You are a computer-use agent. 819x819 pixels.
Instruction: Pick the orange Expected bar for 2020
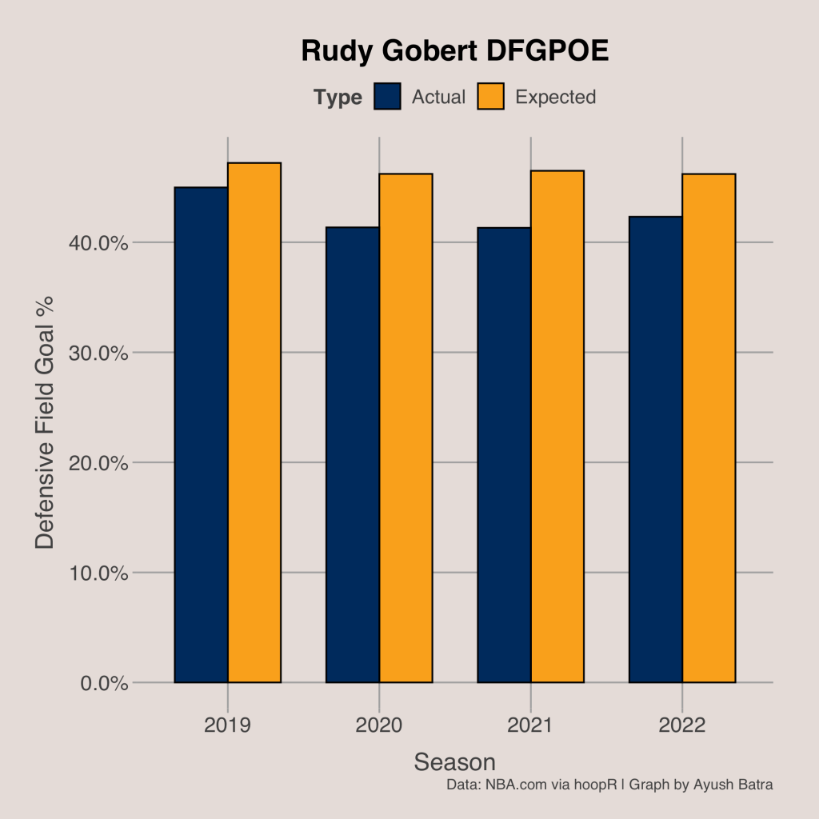[x=406, y=428]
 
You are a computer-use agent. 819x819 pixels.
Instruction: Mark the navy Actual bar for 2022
[x=656, y=449]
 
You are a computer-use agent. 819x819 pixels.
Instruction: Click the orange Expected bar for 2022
[x=709, y=428]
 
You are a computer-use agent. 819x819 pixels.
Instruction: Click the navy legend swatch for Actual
[x=387, y=97]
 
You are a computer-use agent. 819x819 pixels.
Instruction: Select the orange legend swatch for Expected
[x=491, y=97]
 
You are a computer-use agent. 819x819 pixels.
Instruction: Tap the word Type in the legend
[x=338, y=98]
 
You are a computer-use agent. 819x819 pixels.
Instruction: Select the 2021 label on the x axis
[x=530, y=725]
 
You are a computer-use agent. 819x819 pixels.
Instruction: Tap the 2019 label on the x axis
[x=228, y=725]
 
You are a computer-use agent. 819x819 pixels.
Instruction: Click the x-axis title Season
[x=454, y=761]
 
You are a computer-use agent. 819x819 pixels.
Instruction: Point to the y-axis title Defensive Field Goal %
[x=46, y=422]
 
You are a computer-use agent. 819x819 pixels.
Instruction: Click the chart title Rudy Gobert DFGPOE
[x=454, y=52]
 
